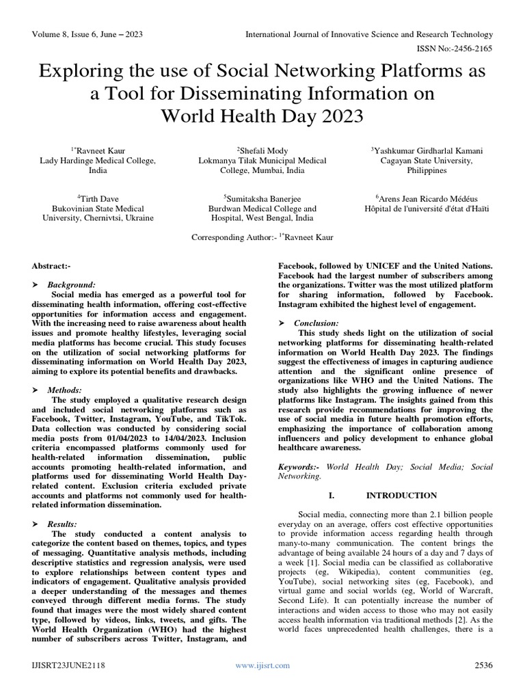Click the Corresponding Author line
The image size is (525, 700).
262,237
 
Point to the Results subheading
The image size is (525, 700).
66,523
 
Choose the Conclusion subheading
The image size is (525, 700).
316,322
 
